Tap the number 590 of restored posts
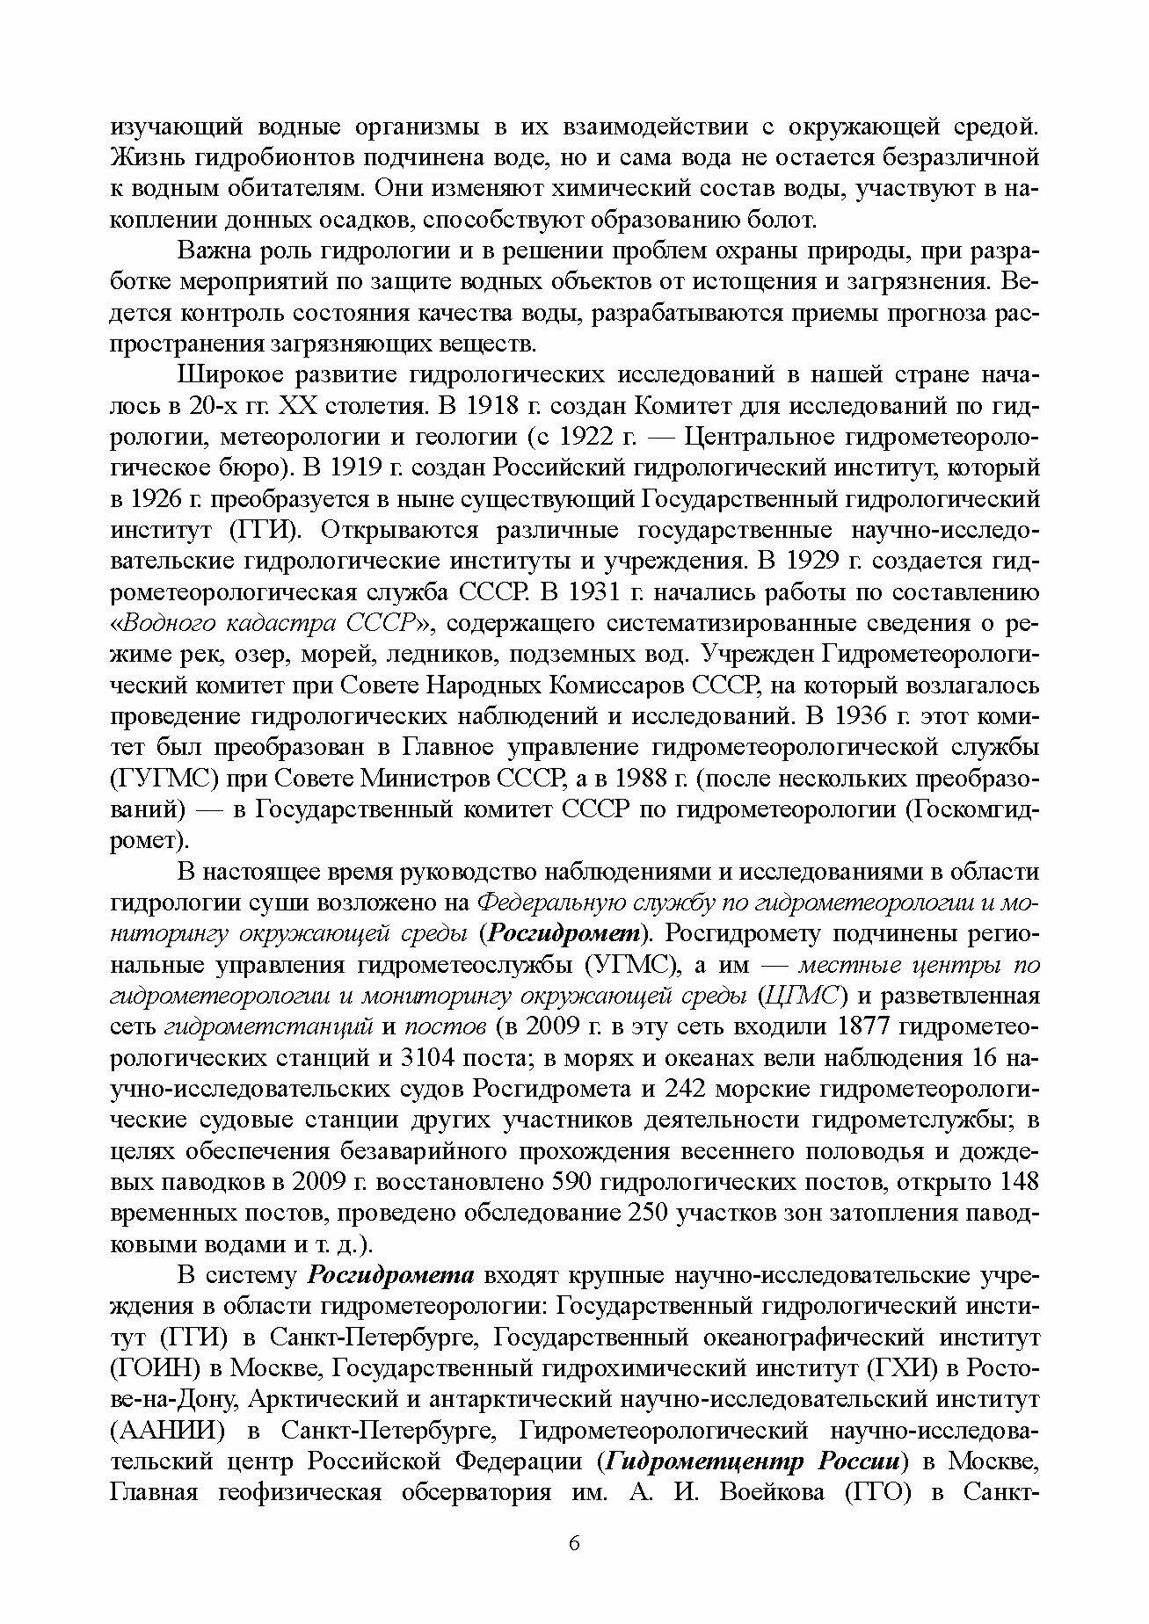coord(549,1181)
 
